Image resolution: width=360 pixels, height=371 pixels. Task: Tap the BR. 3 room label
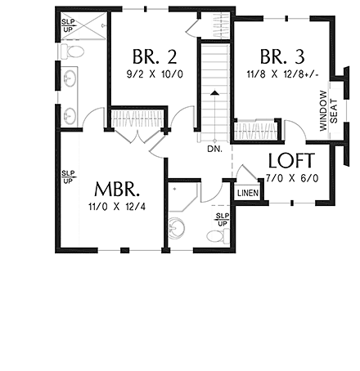(282, 58)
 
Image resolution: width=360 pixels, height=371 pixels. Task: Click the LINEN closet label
(247, 192)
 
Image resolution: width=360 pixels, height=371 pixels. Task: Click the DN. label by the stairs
(214, 150)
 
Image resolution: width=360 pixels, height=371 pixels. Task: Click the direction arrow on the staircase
(214, 94)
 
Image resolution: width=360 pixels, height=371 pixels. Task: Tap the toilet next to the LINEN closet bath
(214, 236)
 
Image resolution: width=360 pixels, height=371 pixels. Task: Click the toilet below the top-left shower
(72, 51)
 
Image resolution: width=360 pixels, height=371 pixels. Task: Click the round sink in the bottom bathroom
(177, 227)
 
